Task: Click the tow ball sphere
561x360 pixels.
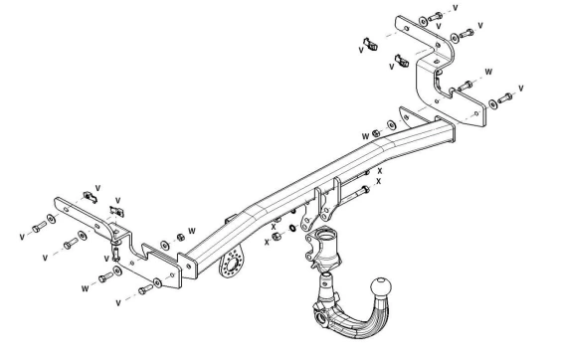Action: click(381, 286)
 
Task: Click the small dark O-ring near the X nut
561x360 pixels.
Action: click(292, 228)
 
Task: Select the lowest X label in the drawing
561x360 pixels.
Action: click(267, 243)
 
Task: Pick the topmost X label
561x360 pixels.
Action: click(380, 171)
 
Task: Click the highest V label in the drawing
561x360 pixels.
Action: click(456, 8)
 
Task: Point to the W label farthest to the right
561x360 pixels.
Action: click(488, 72)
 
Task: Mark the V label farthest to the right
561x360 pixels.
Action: click(521, 88)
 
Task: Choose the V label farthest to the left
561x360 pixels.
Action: click(22, 237)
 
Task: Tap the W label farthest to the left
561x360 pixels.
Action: click(85, 288)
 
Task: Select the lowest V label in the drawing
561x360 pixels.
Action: click(118, 303)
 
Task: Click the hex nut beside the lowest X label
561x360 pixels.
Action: click(277, 236)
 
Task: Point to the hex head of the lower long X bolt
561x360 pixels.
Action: click(365, 189)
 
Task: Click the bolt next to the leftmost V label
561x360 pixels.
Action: click(39, 227)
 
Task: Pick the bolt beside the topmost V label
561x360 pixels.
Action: click(436, 17)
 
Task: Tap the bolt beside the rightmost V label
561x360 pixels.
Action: click(505, 97)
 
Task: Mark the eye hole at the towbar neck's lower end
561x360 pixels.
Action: click(321, 316)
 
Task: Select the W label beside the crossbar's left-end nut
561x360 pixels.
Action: click(192, 231)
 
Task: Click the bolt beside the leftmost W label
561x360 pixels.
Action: click(105, 276)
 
